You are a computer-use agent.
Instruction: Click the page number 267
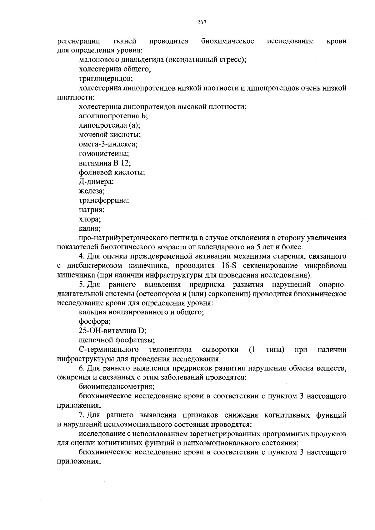point(202,22)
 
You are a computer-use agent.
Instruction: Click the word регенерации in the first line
point(78,41)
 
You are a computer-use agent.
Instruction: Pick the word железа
point(92,191)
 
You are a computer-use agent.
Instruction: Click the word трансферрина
point(104,200)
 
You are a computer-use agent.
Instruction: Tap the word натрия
point(92,210)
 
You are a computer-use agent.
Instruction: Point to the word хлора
point(90,219)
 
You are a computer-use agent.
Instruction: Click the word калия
point(89,228)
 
